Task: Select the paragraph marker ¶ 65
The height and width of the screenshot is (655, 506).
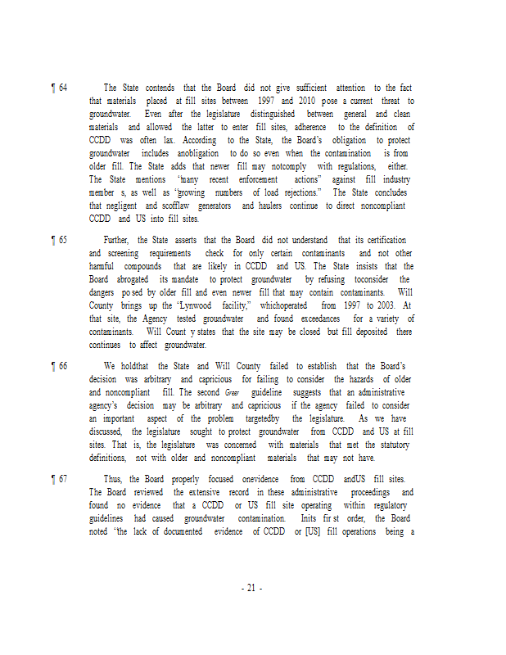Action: point(59,240)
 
